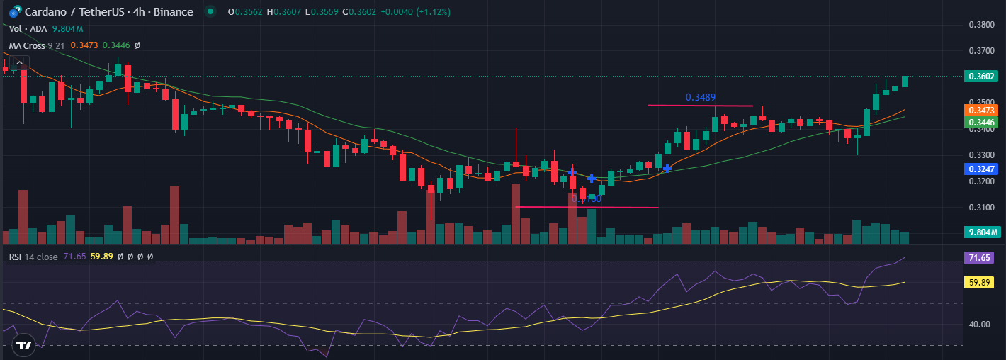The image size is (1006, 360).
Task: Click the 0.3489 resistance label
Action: click(699, 97)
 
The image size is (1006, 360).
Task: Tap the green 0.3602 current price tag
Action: click(982, 77)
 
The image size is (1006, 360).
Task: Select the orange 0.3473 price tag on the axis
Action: click(982, 111)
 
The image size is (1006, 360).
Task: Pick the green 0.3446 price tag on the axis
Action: click(982, 123)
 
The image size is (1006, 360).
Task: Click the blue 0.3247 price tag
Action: click(982, 169)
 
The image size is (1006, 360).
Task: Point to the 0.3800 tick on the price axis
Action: click(981, 25)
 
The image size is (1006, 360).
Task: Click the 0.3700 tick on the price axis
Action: click(981, 51)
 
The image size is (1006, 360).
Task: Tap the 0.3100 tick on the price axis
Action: click(981, 208)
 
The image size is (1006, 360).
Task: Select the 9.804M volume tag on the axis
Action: click(982, 232)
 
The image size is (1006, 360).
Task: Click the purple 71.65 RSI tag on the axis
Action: click(981, 258)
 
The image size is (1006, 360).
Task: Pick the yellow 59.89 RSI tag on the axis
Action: click(981, 282)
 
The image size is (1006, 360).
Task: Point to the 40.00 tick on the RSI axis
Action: click(979, 325)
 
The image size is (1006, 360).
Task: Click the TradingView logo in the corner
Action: click(24, 345)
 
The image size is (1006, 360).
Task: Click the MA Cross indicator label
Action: click(26, 45)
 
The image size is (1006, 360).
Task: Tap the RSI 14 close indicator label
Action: click(33, 257)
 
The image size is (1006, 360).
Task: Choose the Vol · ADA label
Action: click(28, 28)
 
